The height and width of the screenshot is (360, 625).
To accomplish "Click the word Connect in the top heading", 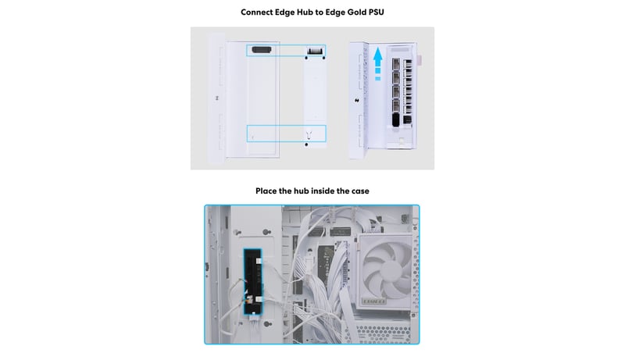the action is (257, 12).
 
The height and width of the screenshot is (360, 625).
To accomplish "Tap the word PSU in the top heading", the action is (376, 12).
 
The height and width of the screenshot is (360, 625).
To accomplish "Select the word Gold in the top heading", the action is (356, 12).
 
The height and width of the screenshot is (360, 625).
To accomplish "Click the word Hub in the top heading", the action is (305, 12).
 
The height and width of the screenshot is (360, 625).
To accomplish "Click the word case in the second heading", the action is (360, 191).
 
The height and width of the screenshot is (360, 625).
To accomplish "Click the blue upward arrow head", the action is (378, 55).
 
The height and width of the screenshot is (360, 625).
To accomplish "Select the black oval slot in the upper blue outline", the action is (262, 50).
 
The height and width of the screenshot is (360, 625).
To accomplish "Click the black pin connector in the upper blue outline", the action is (315, 51).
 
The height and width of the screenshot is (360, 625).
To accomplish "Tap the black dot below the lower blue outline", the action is (306, 144).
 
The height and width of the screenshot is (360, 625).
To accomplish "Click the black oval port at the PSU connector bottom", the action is (396, 119).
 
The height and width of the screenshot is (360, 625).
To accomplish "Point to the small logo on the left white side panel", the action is (217, 98).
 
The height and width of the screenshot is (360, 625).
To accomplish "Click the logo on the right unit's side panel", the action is (357, 101).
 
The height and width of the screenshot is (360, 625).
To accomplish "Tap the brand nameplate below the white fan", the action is (374, 301).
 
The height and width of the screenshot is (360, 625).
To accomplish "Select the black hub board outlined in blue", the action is (253, 281).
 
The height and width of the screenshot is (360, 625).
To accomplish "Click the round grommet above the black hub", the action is (266, 232).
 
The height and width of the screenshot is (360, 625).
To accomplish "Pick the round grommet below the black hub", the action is (268, 325).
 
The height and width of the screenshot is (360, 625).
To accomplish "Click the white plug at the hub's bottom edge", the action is (254, 316).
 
